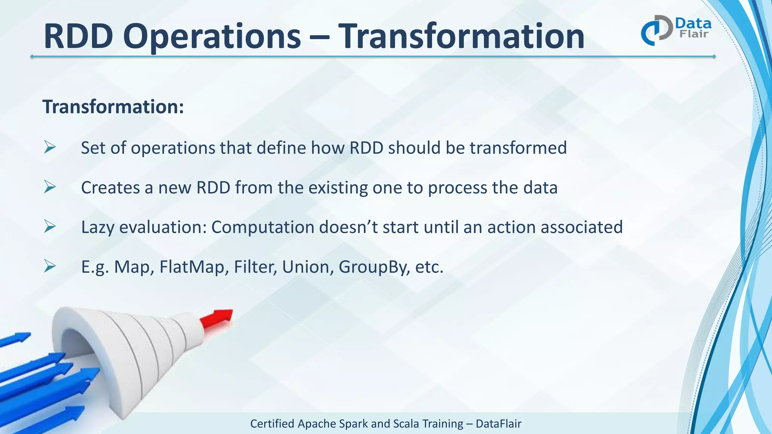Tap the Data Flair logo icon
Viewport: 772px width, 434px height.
pyautogui.click(x=656, y=30)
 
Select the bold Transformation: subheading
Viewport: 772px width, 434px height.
pyautogui.click(x=113, y=107)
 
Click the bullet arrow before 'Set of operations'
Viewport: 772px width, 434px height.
pyautogui.click(x=49, y=147)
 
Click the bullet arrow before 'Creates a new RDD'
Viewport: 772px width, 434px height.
pyautogui.click(x=49, y=187)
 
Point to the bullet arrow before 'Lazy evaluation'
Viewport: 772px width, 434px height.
pyautogui.click(x=49, y=226)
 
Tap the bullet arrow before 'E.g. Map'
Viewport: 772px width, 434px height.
pyautogui.click(x=49, y=266)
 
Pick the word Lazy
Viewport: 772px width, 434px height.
pyautogui.click(x=98, y=228)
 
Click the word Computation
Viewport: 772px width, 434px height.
pyautogui.click(x=263, y=228)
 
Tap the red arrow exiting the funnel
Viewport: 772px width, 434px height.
pyautogui.click(x=216, y=318)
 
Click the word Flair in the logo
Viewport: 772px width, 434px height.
pyautogui.click(x=694, y=34)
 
